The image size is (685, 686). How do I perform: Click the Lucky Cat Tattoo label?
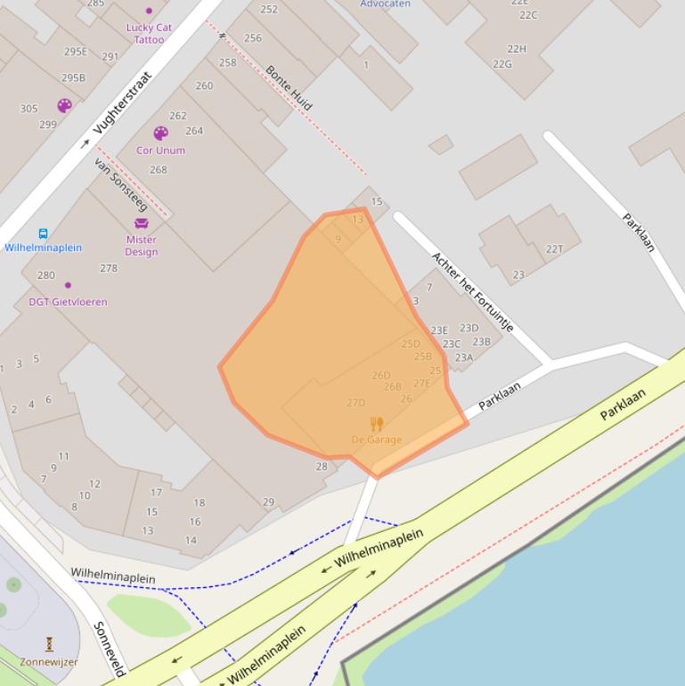point(149,33)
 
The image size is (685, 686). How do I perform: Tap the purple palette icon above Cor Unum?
point(160,133)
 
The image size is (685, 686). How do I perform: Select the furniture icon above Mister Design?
point(141,224)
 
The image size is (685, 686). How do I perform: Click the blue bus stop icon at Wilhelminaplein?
point(43,233)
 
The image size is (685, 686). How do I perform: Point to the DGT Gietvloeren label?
point(68,302)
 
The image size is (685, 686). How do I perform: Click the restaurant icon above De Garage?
point(377,424)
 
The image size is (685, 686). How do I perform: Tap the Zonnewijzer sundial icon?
point(49,643)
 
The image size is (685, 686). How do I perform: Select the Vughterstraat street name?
point(123,102)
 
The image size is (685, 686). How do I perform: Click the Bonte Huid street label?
point(289,87)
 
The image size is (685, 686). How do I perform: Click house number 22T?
point(554,249)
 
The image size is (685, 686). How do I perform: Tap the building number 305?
point(29,109)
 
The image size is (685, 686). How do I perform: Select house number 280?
point(45,275)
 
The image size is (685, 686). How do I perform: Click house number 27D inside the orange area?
point(355,403)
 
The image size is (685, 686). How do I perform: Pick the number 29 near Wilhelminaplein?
point(268,502)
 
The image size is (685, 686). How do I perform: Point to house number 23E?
point(439,331)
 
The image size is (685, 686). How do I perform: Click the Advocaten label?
point(385,4)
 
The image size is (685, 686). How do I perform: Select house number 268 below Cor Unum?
point(158,169)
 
